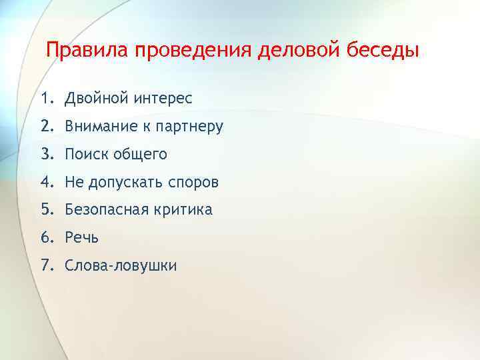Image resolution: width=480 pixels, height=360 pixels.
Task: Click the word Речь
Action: point(82,237)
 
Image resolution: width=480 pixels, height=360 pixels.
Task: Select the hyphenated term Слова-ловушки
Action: point(121,265)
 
